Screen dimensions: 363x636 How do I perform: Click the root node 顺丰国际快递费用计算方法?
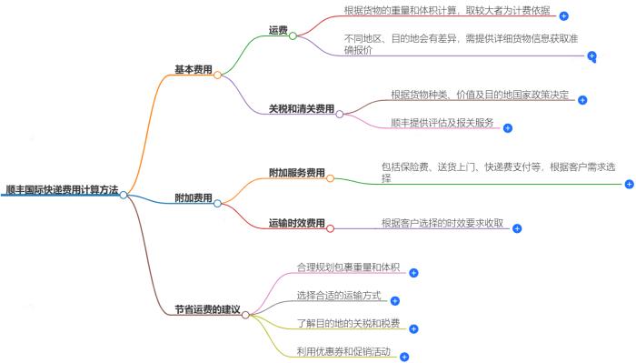click(61, 189)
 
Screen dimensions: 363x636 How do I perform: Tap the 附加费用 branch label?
click(193, 197)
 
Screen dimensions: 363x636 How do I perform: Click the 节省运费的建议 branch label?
click(207, 309)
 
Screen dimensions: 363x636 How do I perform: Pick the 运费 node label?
click(278, 30)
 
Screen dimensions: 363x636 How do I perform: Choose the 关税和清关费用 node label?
click(301, 109)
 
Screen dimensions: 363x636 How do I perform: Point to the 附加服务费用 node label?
click(297, 172)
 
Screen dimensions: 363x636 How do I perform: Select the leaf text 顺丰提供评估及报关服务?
click(442, 122)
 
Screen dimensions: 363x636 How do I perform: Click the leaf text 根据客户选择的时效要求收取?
click(443, 222)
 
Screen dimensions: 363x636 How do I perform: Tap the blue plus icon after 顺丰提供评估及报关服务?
click(508, 128)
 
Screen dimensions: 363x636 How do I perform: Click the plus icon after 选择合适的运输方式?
click(395, 300)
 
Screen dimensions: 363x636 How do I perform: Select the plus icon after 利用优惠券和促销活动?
click(404, 358)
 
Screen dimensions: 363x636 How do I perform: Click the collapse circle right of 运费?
click(293, 35)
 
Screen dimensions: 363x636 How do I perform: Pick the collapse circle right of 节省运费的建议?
click(245, 315)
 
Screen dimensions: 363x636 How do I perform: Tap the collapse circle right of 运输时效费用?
click(330, 227)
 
